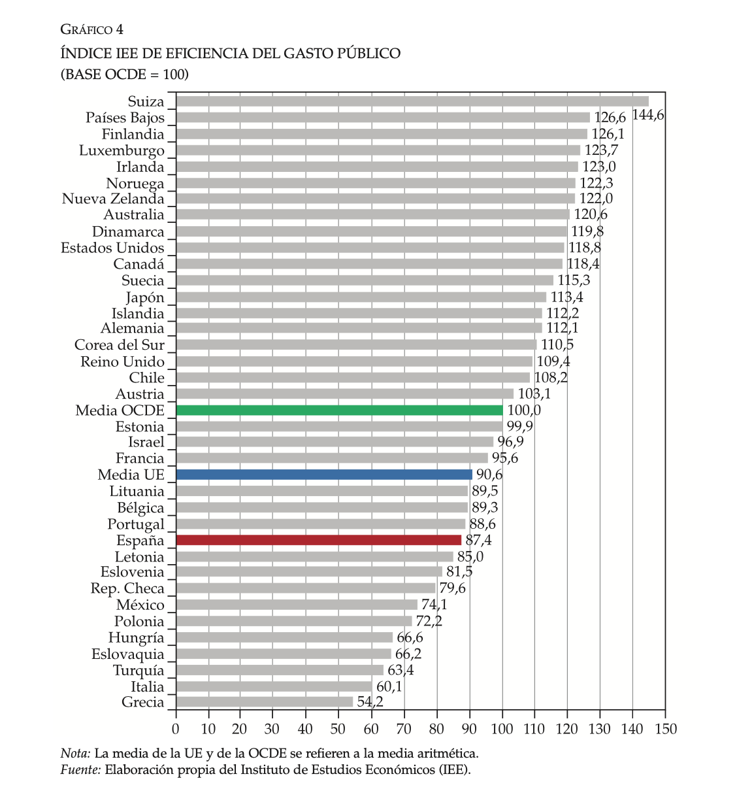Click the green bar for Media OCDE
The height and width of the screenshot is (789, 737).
click(x=339, y=410)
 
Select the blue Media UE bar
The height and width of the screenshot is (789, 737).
click(x=324, y=475)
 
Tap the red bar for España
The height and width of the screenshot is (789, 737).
click(x=319, y=540)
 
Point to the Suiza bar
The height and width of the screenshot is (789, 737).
click(x=412, y=101)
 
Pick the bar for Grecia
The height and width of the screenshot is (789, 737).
click(x=265, y=702)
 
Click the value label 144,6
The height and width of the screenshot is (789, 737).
click(x=648, y=116)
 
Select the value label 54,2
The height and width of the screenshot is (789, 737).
click(x=370, y=702)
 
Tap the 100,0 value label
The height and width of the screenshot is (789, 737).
click(x=524, y=410)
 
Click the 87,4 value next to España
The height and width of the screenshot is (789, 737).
click(x=478, y=540)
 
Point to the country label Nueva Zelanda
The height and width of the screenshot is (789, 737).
click(x=113, y=199)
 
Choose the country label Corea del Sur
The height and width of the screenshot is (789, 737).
click(x=120, y=344)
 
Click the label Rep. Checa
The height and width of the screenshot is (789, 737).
click(x=127, y=588)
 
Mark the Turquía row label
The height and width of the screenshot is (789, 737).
click(x=139, y=670)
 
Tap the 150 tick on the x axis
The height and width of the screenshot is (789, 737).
click(x=665, y=729)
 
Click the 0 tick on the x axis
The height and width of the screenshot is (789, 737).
click(x=176, y=729)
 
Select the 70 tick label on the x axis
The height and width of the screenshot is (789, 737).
click(x=404, y=729)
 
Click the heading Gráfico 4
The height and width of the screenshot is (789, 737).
click(x=91, y=29)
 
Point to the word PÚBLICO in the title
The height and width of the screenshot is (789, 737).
click(x=368, y=53)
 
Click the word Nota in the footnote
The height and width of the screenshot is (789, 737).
click(x=74, y=753)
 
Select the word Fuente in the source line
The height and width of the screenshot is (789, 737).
click(x=80, y=769)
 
